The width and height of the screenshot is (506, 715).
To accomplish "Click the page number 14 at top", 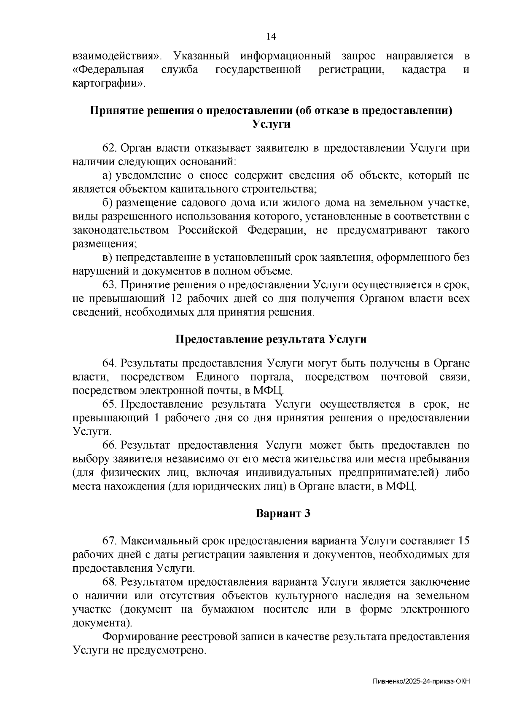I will (271, 37).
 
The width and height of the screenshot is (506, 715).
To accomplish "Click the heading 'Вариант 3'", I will (283, 514).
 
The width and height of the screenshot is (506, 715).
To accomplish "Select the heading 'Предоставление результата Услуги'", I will (271, 340).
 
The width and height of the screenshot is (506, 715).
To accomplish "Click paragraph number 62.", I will (109, 148).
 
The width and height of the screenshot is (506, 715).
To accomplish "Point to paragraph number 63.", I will (109, 285).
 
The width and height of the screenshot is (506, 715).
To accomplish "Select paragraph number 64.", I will (109, 363).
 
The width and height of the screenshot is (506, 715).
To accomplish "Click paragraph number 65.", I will (109, 404).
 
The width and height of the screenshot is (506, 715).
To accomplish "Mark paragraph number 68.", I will (109, 582).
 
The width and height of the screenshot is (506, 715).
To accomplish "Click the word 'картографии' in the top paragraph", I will (108, 83).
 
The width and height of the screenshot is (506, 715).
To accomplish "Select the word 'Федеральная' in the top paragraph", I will (108, 70).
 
